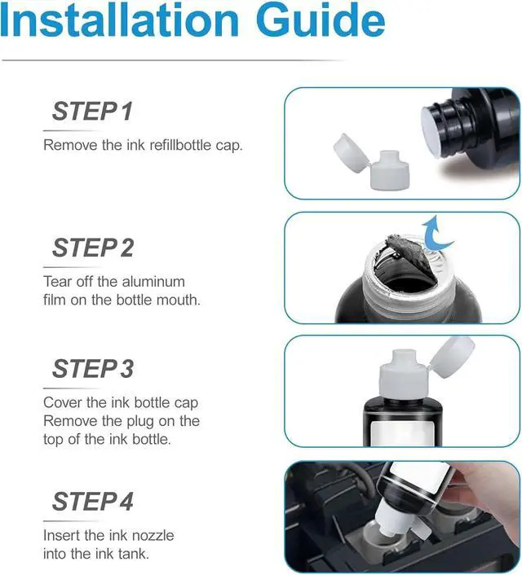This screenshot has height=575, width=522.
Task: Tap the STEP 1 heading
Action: click(92, 111)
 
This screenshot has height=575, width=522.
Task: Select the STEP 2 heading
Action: click(93, 248)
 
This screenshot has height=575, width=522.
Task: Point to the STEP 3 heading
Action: click(93, 369)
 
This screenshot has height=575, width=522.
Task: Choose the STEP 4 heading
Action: click(92, 501)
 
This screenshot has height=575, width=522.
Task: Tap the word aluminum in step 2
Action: click(153, 282)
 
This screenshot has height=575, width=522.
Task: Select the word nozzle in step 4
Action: click(153, 535)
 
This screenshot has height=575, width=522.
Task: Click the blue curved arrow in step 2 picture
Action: click(437, 234)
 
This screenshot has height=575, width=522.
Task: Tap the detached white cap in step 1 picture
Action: click(371, 162)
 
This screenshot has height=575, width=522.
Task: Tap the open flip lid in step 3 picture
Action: click(452, 358)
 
